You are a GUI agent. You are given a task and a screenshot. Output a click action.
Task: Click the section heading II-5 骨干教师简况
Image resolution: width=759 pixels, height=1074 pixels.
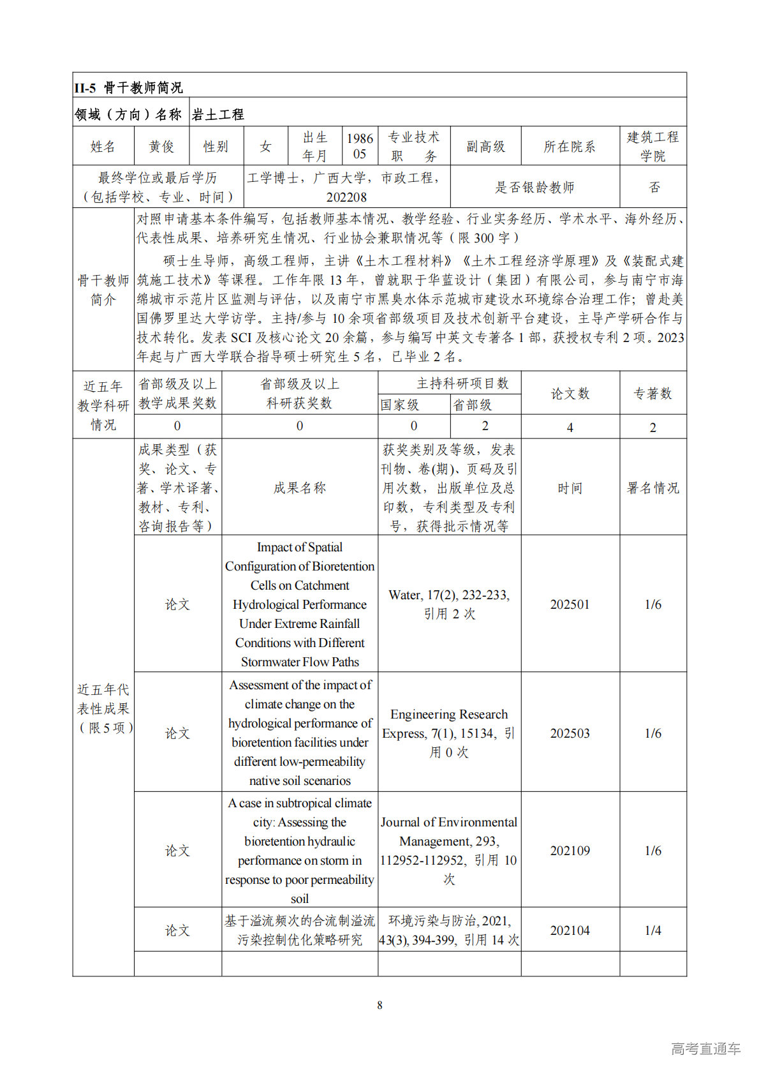[128, 87]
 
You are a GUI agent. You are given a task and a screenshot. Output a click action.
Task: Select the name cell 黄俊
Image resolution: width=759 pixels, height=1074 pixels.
[161, 147]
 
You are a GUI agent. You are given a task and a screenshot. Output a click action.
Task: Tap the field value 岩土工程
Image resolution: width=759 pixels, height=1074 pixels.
[217, 114]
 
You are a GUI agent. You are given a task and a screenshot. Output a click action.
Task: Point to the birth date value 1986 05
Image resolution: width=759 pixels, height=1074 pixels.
[360, 146]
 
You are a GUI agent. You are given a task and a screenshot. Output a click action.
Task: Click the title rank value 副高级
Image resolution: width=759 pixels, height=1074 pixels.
[485, 147]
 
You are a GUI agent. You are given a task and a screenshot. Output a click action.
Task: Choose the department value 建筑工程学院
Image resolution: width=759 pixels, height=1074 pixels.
[652, 146]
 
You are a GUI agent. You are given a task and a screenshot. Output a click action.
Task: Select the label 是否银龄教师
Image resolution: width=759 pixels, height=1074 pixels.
[534, 187]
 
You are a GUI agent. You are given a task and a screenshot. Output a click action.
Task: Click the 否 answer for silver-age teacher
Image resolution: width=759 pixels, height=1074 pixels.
[654, 187]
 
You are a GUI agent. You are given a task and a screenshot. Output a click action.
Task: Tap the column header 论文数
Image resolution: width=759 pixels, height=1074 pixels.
[570, 394]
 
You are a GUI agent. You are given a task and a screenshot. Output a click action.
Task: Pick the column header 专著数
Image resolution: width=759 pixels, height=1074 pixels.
[652, 394]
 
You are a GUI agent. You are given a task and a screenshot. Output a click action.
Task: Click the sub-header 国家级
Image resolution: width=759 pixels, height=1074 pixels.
[400, 405]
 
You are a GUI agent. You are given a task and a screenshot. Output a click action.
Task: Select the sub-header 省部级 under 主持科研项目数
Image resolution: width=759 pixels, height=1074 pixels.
[472, 405]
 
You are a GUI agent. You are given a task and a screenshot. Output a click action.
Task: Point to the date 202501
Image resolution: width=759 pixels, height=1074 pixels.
[570, 604]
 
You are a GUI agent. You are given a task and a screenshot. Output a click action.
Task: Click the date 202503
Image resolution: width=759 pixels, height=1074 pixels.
[570, 733]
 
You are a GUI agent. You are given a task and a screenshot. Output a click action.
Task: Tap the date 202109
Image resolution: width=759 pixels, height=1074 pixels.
[570, 851]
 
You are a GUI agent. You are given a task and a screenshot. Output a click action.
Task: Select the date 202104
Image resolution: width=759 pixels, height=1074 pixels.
[570, 930]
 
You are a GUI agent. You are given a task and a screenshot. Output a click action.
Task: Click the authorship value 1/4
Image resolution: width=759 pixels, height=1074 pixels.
[652, 930]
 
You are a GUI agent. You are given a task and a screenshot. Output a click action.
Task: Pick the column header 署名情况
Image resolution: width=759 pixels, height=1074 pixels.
[652, 488]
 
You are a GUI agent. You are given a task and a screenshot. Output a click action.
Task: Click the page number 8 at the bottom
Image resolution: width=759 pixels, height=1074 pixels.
[379, 1005]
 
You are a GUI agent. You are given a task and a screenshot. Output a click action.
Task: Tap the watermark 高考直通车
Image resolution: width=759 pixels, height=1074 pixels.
[705, 1048]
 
